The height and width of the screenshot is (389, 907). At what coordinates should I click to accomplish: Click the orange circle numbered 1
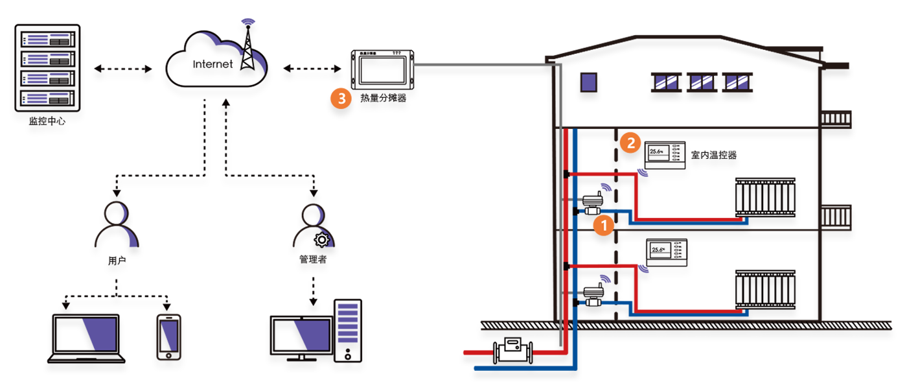[x=604, y=226]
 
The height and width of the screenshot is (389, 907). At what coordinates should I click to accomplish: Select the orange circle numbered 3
[x=341, y=99]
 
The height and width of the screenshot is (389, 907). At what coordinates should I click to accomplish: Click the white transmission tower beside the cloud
[x=247, y=47]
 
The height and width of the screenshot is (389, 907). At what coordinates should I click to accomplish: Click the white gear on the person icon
[x=321, y=241]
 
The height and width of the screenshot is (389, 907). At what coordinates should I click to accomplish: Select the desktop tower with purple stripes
[x=348, y=329]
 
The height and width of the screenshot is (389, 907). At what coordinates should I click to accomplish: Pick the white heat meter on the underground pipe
[x=512, y=353]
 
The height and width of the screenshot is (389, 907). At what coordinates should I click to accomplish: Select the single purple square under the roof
[x=589, y=84]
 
